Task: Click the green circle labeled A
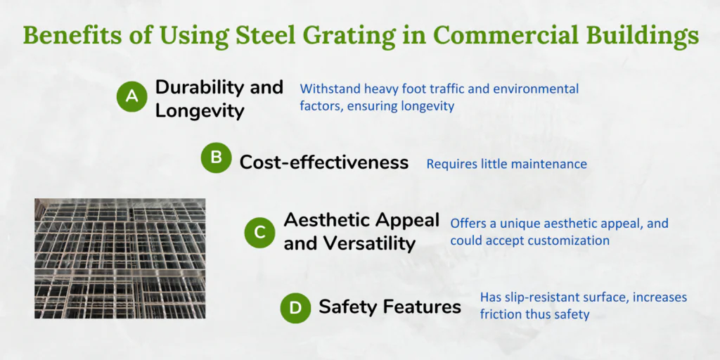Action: (x=131, y=96)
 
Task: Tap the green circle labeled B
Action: (x=216, y=158)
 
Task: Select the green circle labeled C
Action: (x=259, y=233)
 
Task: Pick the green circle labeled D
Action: (x=296, y=308)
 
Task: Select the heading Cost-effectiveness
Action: (x=324, y=162)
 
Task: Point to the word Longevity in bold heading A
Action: (x=200, y=111)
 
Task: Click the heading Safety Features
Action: (x=390, y=307)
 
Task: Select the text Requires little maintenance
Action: (x=507, y=164)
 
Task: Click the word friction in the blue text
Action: (x=499, y=314)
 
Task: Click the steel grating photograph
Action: (x=120, y=259)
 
